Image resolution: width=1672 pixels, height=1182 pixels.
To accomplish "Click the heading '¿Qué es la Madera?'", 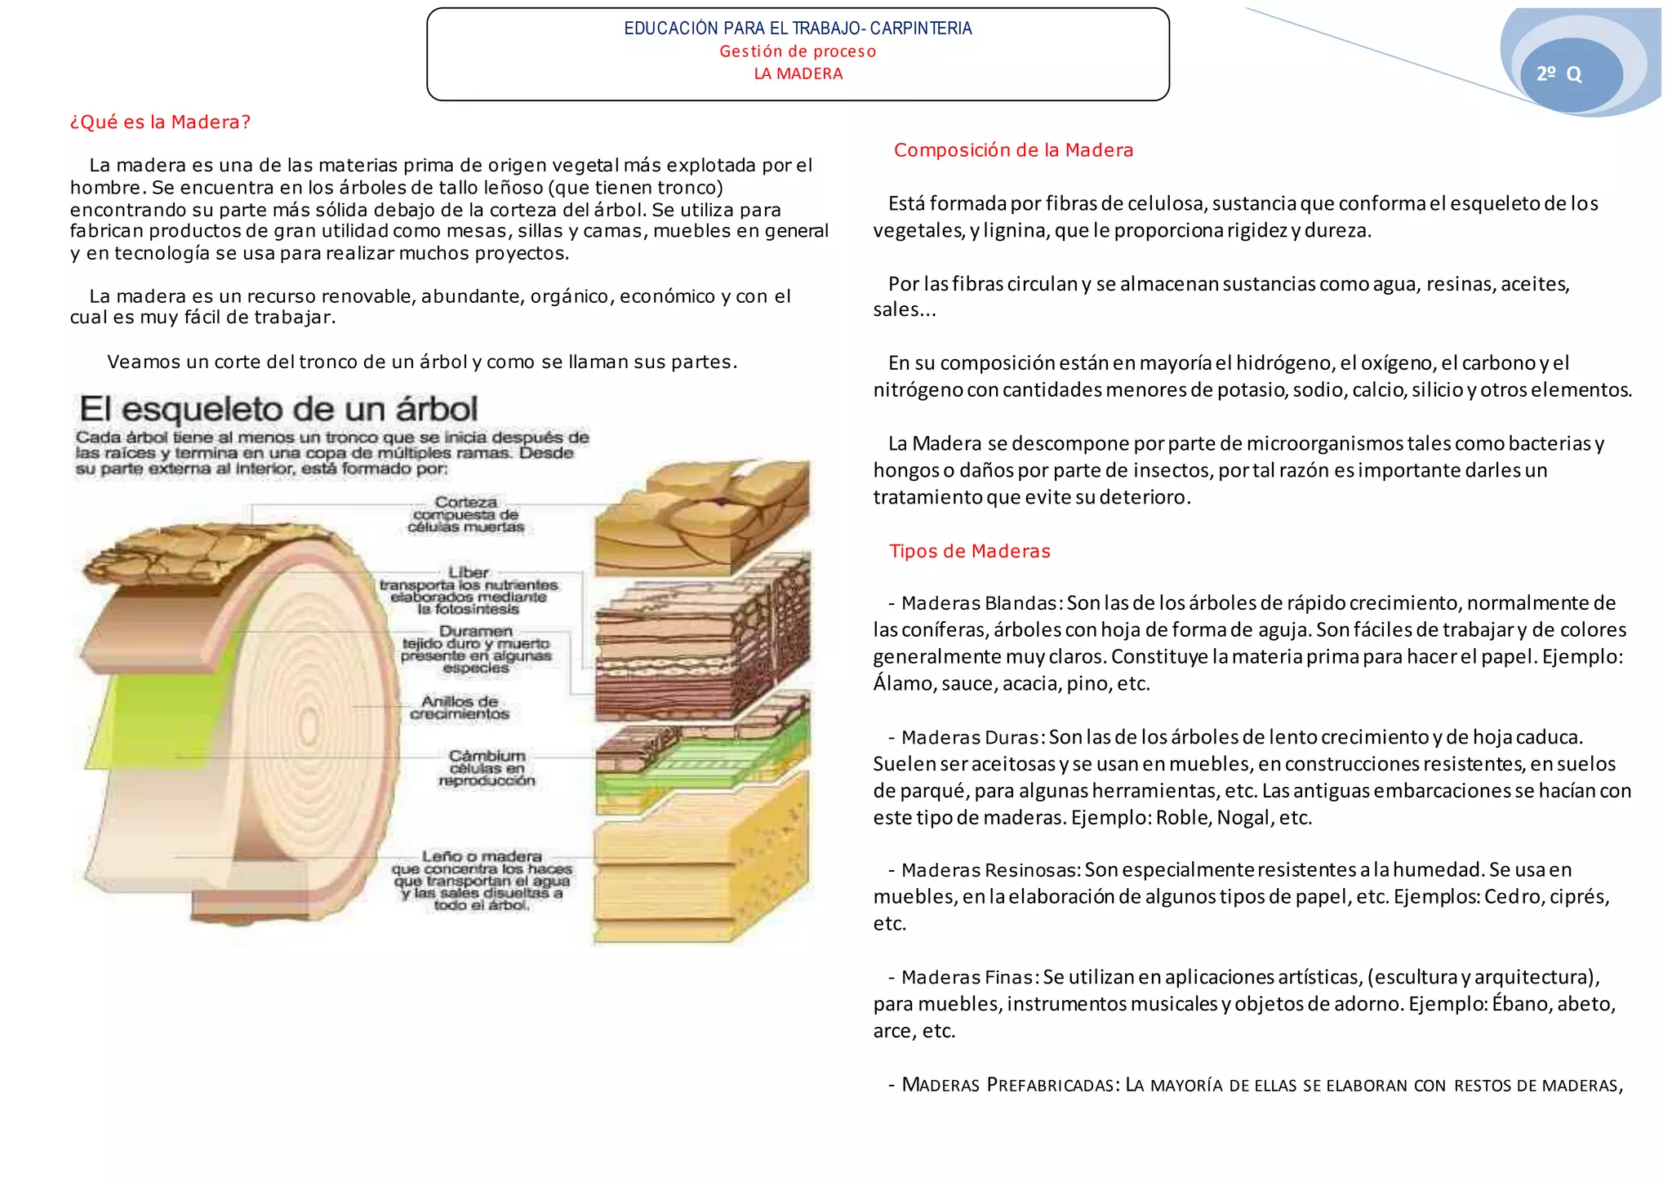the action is point(160,122).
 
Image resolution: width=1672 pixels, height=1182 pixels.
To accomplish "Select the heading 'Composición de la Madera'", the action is point(1013,150).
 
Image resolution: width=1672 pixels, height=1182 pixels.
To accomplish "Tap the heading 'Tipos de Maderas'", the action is point(969,551).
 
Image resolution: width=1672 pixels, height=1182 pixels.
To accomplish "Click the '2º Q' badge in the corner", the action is point(1559,74).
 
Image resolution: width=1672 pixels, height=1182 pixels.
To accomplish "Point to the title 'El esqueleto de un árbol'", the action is point(278,409).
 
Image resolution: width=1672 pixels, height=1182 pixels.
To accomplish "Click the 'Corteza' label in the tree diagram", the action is point(466,502).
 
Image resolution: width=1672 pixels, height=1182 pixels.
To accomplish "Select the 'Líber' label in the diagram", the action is point(468,572).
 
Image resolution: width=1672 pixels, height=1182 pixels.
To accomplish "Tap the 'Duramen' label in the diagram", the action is point(476,631).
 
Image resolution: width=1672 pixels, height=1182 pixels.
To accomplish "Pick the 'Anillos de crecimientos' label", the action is point(460,707).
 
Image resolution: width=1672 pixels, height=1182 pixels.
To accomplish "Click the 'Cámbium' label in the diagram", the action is point(487,756).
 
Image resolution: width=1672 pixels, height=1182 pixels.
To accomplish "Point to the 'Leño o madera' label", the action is point(482,856).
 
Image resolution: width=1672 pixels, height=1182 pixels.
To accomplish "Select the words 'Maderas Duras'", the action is point(971,737).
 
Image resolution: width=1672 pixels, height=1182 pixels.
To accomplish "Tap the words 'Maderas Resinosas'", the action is point(991,870).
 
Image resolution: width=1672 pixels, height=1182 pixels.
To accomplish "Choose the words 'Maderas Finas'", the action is point(969,977).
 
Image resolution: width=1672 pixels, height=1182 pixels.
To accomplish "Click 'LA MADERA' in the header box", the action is point(798,74).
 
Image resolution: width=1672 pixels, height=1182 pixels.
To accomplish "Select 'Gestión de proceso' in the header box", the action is point(798,51).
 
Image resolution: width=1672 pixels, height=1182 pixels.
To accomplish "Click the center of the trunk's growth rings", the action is point(309,726).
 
